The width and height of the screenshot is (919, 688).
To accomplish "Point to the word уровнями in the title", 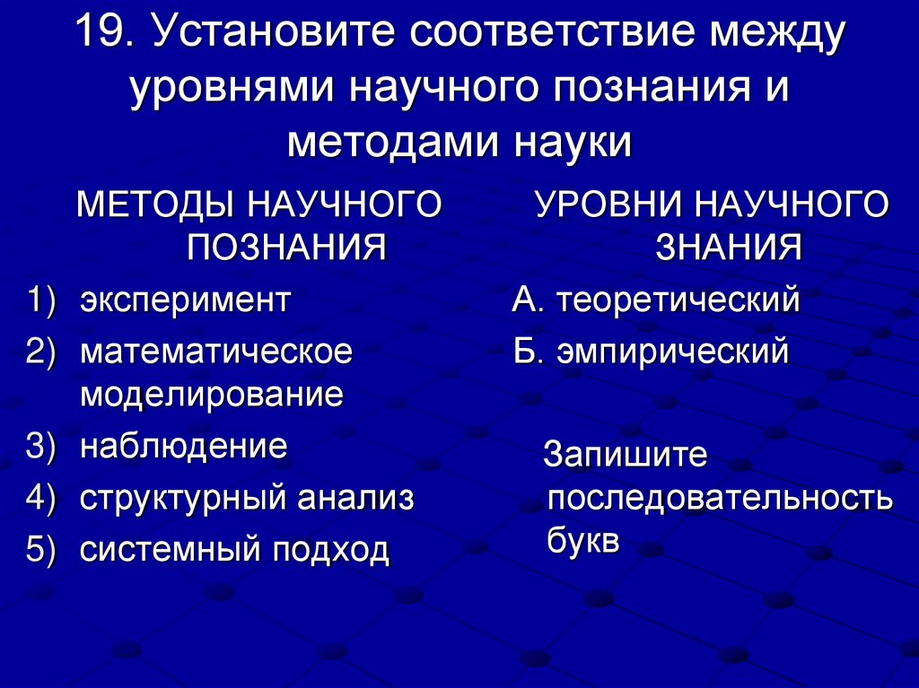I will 232,90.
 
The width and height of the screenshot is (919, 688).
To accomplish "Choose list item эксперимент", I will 185,300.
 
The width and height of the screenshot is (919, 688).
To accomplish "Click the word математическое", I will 216,352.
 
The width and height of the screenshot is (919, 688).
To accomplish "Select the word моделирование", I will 212,395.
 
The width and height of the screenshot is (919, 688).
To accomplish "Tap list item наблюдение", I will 184,446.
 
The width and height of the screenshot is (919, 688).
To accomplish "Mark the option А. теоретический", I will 655,300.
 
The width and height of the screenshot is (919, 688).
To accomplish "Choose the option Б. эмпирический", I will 651,352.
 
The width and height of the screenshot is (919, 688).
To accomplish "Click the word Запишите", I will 626,455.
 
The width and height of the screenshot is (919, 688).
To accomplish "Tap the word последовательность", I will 720,499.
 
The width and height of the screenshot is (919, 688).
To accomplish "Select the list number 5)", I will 41,549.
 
